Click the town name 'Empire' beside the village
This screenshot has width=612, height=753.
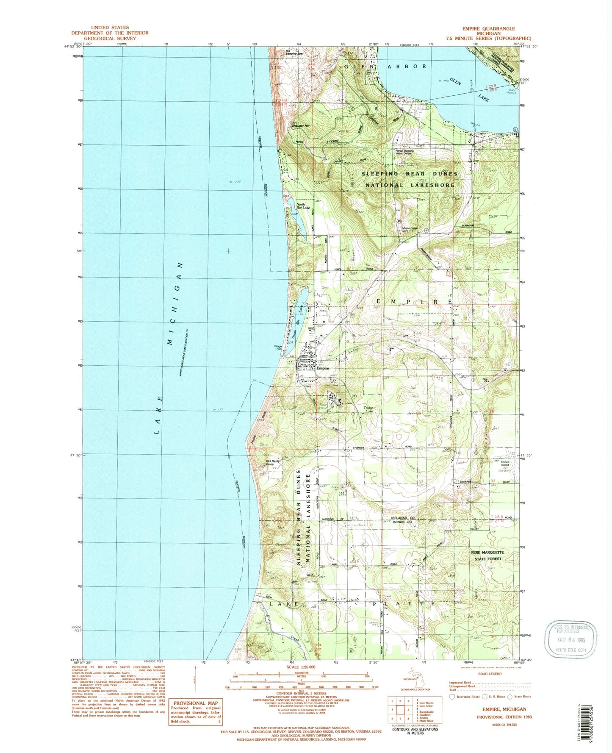click(323, 368)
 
